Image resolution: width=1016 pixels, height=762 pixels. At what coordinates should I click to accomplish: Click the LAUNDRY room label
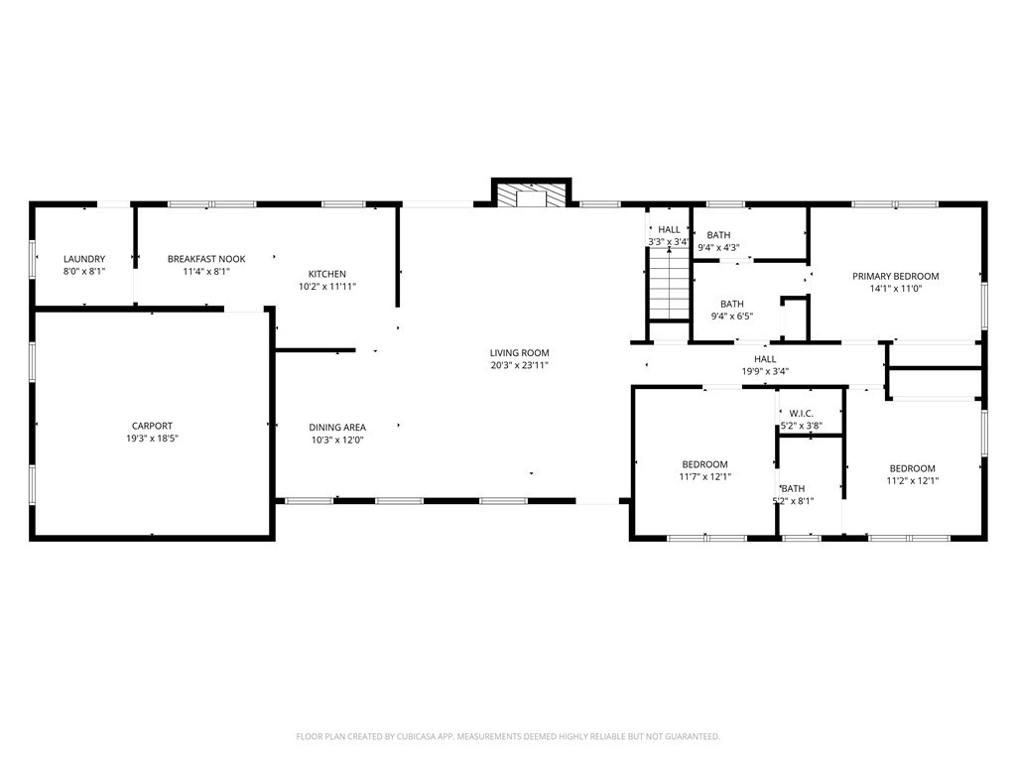pos(84,259)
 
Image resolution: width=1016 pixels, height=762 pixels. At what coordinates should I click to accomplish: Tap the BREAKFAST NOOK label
pos(206,259)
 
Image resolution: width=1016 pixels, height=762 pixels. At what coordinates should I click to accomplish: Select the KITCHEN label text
pos(327,274)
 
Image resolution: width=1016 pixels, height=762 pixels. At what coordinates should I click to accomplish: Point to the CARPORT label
pos(152,426)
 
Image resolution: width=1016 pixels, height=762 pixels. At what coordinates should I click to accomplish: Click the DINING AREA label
pos(337,428)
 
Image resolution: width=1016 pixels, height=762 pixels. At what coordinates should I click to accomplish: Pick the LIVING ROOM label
pos(519,352)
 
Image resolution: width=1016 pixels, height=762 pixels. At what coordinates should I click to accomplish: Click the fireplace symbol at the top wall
pos(533,194)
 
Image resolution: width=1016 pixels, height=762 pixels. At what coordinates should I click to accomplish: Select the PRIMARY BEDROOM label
pos(895,277)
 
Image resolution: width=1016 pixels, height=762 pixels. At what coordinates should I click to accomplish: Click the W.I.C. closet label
pos(802,413)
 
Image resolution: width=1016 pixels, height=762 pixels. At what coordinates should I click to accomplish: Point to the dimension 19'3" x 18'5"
pos(152,439)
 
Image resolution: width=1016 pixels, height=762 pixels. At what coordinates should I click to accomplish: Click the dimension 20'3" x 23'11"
pos(519,365)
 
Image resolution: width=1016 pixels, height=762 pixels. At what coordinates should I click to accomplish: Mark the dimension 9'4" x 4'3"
pos(718,248)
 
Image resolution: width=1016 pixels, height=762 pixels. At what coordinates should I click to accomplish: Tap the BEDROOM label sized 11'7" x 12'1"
pos(704,464)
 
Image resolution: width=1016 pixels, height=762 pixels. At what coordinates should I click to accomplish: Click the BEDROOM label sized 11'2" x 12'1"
pos(912,468)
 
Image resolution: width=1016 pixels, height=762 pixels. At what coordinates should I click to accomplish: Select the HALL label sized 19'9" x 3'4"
pos(765,359)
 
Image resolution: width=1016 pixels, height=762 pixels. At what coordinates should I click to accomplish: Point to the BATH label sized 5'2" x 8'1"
pos(794,488)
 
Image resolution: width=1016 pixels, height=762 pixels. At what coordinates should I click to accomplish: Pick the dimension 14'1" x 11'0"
pos(895,290)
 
